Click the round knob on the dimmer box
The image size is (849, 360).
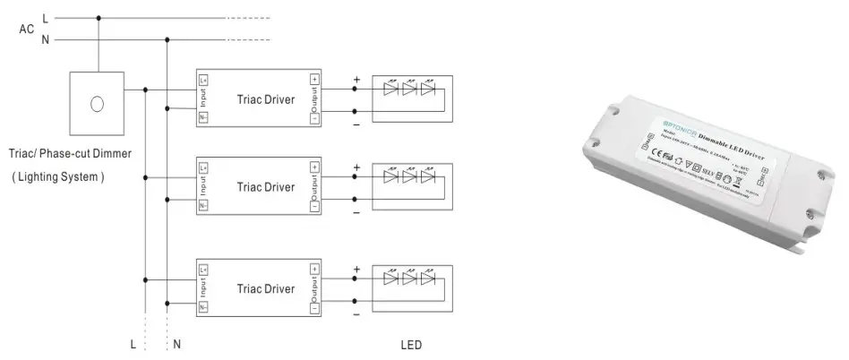click(97, 104)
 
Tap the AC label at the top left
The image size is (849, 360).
click(27, 29)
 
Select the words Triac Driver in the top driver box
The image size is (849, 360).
click(266, 99)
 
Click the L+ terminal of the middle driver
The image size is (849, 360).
click(203, 167)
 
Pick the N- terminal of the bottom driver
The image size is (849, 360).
click(203, 307)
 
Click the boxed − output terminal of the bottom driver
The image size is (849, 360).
click(313, 308)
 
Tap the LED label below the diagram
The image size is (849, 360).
click(411, 345)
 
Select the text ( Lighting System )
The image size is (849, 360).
click(58, 177)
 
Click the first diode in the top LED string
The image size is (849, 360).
click(390, 88)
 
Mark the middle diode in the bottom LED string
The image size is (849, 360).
click(409, 279)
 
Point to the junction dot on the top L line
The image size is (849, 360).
click(99, 17)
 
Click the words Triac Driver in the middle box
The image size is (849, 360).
click(266, 187)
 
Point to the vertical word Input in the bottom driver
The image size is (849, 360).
click(204, 287)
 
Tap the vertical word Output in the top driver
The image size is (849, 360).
click(314, 99)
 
